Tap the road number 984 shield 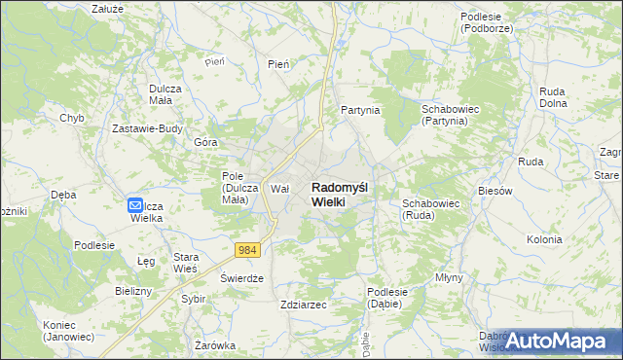[x=248, y=250]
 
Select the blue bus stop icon [x=136, y=205]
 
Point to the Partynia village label [x=359, y=111]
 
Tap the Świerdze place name [x=242, y=278]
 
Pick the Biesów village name [x=495, y=191]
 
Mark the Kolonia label [x=544, y=239]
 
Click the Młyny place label [x=450, y=277]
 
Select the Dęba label [x=64, y=194]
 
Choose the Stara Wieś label [x=186, y=263]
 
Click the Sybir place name [x=193, y=299]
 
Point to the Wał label [x=280, y=189]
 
